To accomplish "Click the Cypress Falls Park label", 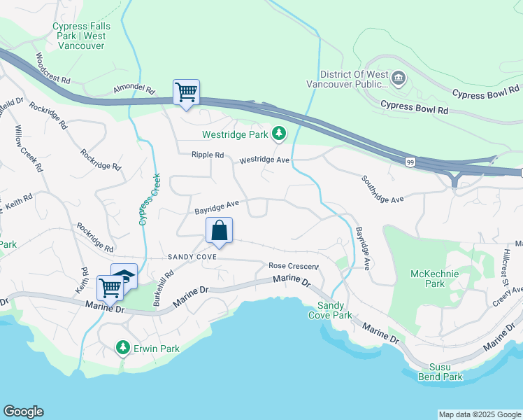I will click(x=78, y=36).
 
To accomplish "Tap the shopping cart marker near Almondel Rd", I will click(x=186, y=92).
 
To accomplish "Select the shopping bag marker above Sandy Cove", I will click(x=219, y=230).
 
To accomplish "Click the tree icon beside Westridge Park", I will click(x=279, y=133).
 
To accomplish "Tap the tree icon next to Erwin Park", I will click(x=123, y=348).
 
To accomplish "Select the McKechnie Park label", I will click(x=434, y=279).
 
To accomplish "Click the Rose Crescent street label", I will click(x=293, y=266).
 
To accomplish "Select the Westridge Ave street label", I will click(x=264, y=160).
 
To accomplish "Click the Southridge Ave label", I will click(x=382, y=189).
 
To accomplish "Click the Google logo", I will click(x=23, y=412).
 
